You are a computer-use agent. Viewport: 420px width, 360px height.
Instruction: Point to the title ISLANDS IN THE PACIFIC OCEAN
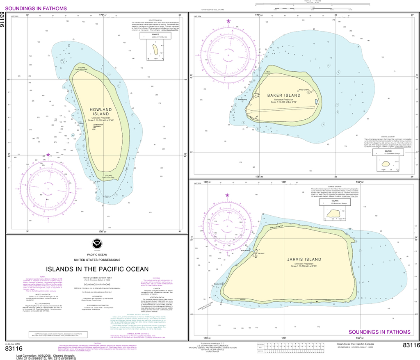(97, 269)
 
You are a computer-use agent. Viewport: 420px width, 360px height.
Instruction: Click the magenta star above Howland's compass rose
(48, 155)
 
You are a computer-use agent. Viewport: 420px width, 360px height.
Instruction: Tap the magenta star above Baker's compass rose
(228, 21)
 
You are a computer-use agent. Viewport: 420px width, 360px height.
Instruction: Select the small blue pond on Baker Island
(316, 102)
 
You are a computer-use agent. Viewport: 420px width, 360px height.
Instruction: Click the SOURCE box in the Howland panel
(155, 36)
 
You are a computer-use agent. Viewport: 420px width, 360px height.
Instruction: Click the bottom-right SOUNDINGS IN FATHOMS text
(379, 332)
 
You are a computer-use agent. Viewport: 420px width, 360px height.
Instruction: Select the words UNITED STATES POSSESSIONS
(97, 260)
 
